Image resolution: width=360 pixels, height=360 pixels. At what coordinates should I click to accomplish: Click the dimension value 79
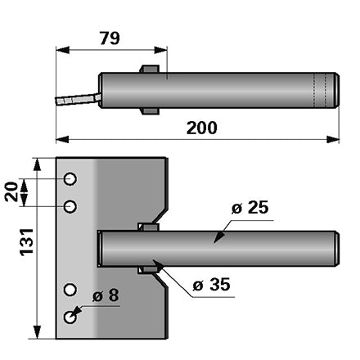[x=110, y=38]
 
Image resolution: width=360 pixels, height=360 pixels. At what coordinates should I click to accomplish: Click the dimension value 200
[x=202, y=128]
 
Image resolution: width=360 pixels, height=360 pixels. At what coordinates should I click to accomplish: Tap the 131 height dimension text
[x=27, y=242]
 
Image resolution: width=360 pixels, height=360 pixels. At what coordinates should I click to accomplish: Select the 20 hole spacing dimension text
[x=11, y=191]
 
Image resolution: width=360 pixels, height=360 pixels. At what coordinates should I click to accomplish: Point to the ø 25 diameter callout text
[x=250, y=208]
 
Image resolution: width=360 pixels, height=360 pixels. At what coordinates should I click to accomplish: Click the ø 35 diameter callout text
[x=212, y=285]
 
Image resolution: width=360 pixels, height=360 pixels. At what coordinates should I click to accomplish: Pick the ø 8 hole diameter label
[x=106, y=295]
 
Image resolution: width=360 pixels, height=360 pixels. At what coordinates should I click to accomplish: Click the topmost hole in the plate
[x=70, y=179]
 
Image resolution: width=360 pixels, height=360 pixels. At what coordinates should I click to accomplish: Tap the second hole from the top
[x=70, y=206]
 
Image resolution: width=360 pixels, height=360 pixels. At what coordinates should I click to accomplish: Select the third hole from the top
[x=70, y=290]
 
